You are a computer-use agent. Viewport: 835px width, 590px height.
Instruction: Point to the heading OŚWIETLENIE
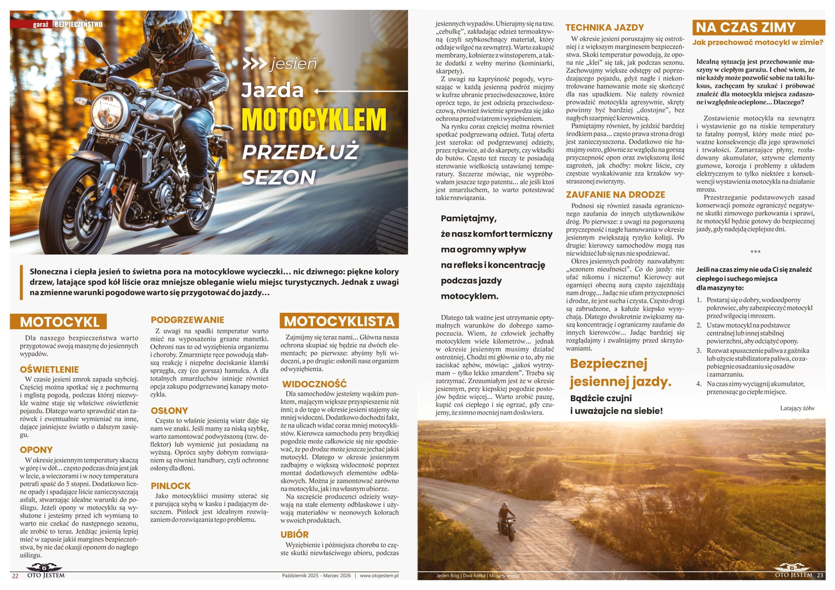50,369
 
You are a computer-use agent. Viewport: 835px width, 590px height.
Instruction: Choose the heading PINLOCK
171,486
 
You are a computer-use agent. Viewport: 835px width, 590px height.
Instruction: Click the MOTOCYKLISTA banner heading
339,321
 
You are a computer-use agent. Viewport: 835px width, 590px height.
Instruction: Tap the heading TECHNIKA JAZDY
604,28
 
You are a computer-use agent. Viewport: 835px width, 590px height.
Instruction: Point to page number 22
15,576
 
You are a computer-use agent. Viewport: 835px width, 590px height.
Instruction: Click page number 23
820,575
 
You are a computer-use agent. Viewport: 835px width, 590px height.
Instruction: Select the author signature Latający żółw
797,408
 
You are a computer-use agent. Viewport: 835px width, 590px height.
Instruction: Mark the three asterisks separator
755,252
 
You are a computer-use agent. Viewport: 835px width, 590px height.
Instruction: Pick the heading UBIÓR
295,534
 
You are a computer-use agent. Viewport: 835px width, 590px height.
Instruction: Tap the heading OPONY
36,450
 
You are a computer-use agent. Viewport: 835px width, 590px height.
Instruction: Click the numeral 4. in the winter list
699,384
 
